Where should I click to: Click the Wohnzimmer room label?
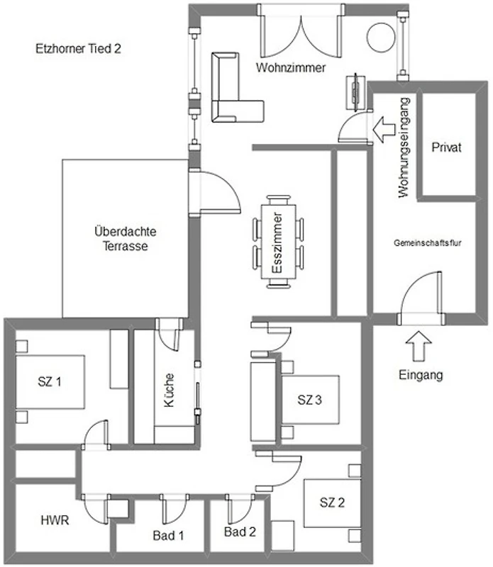pyautogui.click(x=291, y=67)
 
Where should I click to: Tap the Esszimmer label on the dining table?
pyautogui.click(x=277, y=242)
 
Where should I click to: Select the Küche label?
pyautogui.click(x=169, y=391)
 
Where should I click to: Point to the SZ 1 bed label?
pyautogui.click(x=50, y=381)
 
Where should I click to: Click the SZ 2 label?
pyautogui.click(x=332, y=503)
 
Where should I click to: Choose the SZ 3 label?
pyautogui.click(x=309, y=400)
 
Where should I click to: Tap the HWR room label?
pyautogui.click(x=55, y=520)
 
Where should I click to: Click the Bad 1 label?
pyautogui.click(x=168, y=535)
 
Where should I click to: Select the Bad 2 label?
pyautogui.click(x=240, y=532)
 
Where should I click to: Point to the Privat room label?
pyautogui.click(x=447, y=147)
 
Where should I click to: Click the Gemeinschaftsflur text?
pyautogui.click(x=428, y=243)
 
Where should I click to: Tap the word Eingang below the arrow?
pyautogui.click(x=421, y=375)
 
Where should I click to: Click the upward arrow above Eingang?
pyautogui.click(x=419, y=346)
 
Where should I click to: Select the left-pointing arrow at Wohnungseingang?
pyautogui.click(x=384, y=130)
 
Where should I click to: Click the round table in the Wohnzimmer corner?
pyautogui.click(x=381, y=38)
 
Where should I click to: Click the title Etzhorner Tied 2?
pyautogui.click(x=78, y=49)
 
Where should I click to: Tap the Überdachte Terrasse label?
pyautogui.click(x=126, y=239)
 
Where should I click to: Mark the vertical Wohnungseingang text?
pyautogui.click(x=404, y=147)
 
